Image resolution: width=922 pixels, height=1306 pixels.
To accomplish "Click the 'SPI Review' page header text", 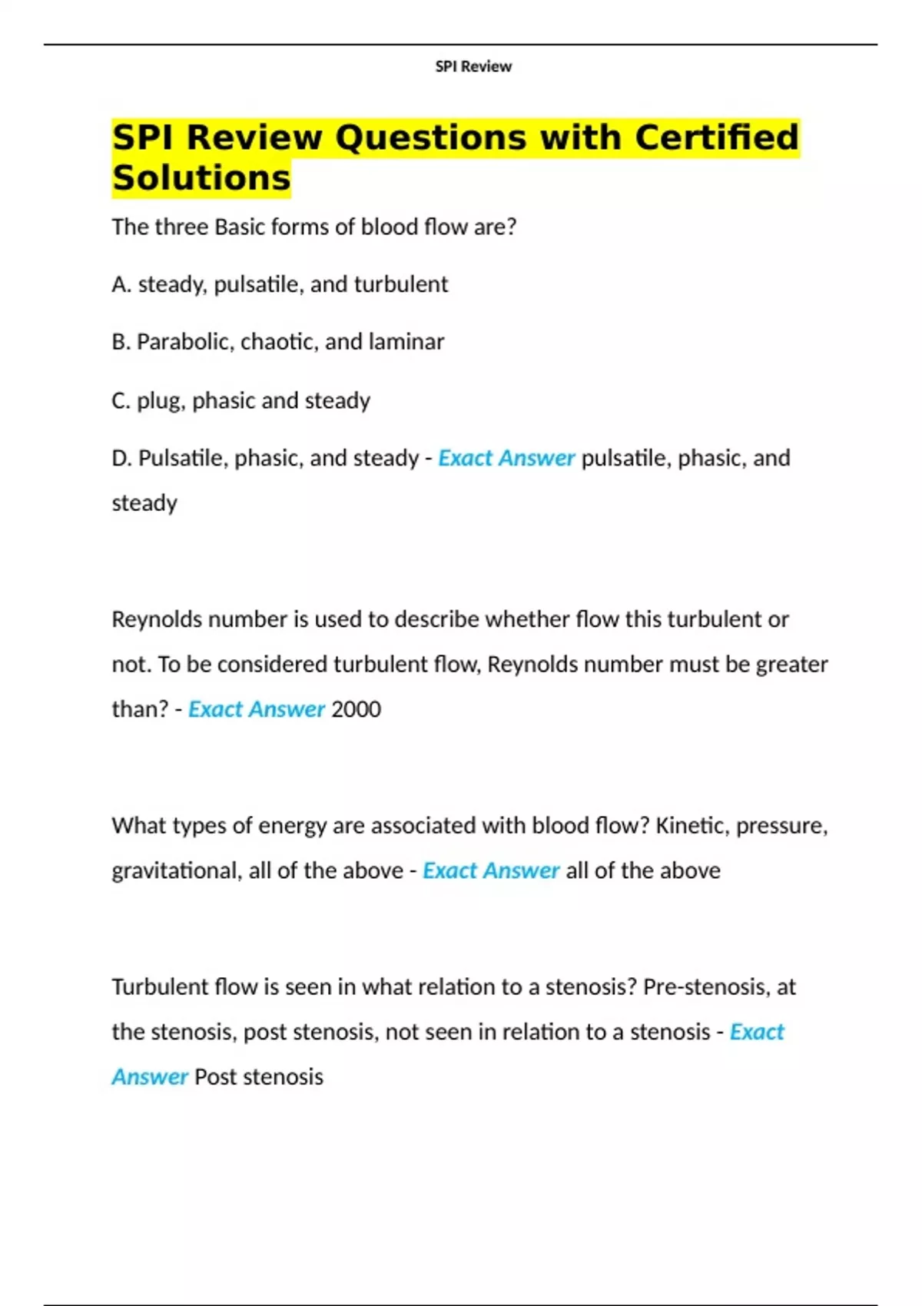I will click(x=473, y=67).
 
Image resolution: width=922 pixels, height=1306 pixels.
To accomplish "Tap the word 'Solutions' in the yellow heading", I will click(x=201, y=178).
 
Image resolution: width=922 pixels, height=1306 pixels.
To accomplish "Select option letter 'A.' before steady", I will click(x=121, y=284).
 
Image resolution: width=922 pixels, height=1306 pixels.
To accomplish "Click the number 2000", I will click(x=356, y=709).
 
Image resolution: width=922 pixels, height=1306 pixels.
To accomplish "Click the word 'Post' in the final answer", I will click(x=215, y=1077).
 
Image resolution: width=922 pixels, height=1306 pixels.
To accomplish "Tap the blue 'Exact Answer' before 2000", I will click(x=257, y=709).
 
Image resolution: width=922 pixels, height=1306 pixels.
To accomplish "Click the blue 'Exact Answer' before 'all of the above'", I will click(x=491, y=871).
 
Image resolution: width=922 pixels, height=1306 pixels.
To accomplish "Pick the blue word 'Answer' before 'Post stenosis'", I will click(x=150, y=1077).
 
